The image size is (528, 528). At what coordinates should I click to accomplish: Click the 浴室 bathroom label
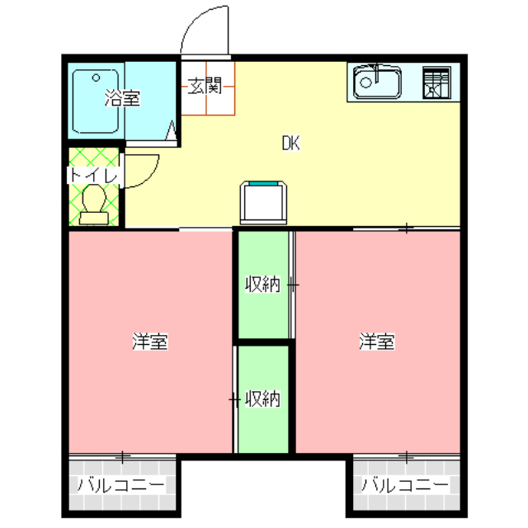coord(122,100)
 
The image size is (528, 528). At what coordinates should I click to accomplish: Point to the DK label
coord(290,143)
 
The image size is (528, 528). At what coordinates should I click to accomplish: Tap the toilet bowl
coord(93,199)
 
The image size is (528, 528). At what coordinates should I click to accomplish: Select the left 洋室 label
coord(150,342)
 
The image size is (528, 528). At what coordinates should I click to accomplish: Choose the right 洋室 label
coord(376,342)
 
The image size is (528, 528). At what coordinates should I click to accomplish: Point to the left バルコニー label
coord(121,484)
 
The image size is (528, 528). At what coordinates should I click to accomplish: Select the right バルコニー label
coord(405,484)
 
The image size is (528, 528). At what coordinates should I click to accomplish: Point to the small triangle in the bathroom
coord(172,130)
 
